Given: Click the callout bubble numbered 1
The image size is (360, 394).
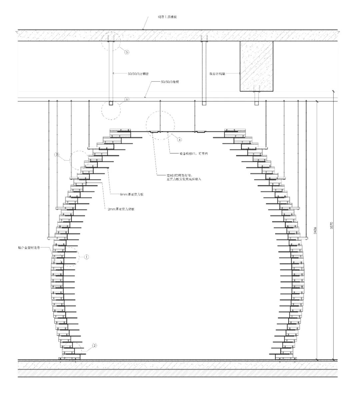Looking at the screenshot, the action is [x=86, y=257].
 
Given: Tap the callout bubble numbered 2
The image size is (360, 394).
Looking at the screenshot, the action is [x=94, y=346].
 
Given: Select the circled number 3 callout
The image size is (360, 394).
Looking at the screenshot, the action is [x=57, y=155].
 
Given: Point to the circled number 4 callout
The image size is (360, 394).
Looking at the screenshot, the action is [x=179, y=139].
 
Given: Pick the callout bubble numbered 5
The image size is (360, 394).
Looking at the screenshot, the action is [x=127, y=52].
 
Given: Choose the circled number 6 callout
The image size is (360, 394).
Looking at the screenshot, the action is [x=127, y=99].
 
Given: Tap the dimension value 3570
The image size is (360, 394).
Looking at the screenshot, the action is [x=331, y=225].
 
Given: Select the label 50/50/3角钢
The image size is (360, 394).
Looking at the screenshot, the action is [x=170, y=82].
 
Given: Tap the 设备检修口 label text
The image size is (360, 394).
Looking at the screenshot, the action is [x=191, y=154].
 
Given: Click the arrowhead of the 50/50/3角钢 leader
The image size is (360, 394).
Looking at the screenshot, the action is [x=144, y=98].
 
